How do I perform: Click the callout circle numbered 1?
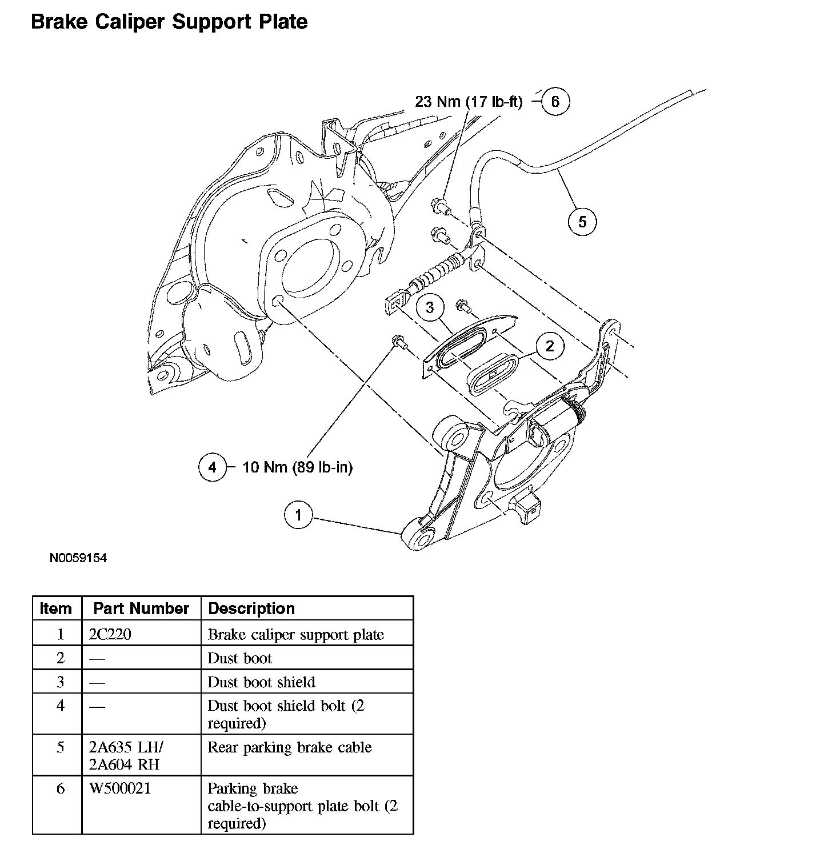click(x=298, y=515)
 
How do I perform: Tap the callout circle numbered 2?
click(x=550, y=346)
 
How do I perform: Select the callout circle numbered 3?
click(x=430, y=307)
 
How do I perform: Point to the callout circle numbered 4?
click(x=213, y=467)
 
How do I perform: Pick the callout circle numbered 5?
click(x=582, y=221)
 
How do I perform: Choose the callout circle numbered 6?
click(x=555, y=102)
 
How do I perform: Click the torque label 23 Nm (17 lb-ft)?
click(x=469, y=102)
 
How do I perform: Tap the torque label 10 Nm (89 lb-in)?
click(x=298, y=467)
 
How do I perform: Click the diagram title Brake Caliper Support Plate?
click(x=169, y=22)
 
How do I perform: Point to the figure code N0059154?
click(x=78, y=558)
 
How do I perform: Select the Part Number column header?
click(x=141, y=608)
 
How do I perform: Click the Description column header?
click(x=251, y=608)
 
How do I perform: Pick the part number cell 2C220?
click(x=110, y=634)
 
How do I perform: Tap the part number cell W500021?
click(x=120, y=788)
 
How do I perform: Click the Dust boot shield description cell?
click(x=261, y=682)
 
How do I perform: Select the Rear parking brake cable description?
click(x=290, y=747)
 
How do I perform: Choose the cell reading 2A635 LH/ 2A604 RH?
click(x=126, y=755)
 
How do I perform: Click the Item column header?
click(x=57, y=608)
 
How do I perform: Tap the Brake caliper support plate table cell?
click(x=295, y=634)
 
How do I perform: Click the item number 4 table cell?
click(x=60, y=706)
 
